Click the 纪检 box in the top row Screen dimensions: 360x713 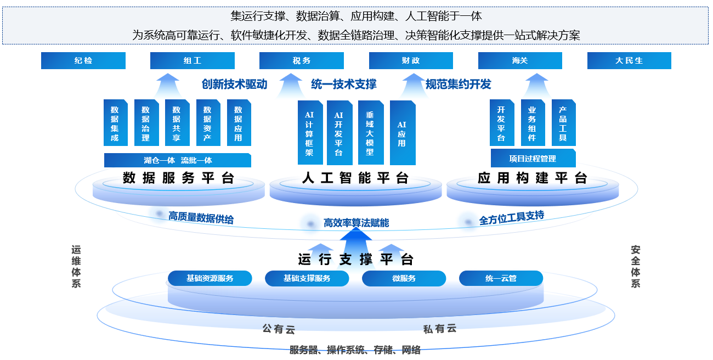(x=83, y=60)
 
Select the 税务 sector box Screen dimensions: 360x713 (x=302, y=60)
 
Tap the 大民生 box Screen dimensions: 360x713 (x=629, y=60)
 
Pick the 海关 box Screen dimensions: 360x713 (x=520, y=60)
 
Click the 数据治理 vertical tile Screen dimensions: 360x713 (x=146, y=123)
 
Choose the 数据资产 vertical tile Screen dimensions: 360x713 (x=207, y=123)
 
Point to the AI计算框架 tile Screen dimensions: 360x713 (x=310, y=133)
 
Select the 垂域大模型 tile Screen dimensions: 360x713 (x=370, y=133)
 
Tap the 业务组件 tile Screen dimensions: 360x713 (x=532, y=123)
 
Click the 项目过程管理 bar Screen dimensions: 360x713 (x=533, y=159)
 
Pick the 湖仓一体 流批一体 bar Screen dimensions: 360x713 (x=178, y=160)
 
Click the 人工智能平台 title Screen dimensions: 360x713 (x=355, y=178)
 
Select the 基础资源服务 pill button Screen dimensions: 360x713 (x=210, y=278)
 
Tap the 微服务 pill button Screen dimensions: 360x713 (x=404, y=278)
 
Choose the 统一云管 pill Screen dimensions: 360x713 (x=501, y=278)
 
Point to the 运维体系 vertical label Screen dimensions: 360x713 (x=76, y=266)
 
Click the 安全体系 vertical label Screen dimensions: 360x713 (x=636, y=266)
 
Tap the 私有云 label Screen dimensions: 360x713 (x=440, y=329)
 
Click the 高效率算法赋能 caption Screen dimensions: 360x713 (x=356, y=223)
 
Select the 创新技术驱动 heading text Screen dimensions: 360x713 (x=234, y=84)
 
